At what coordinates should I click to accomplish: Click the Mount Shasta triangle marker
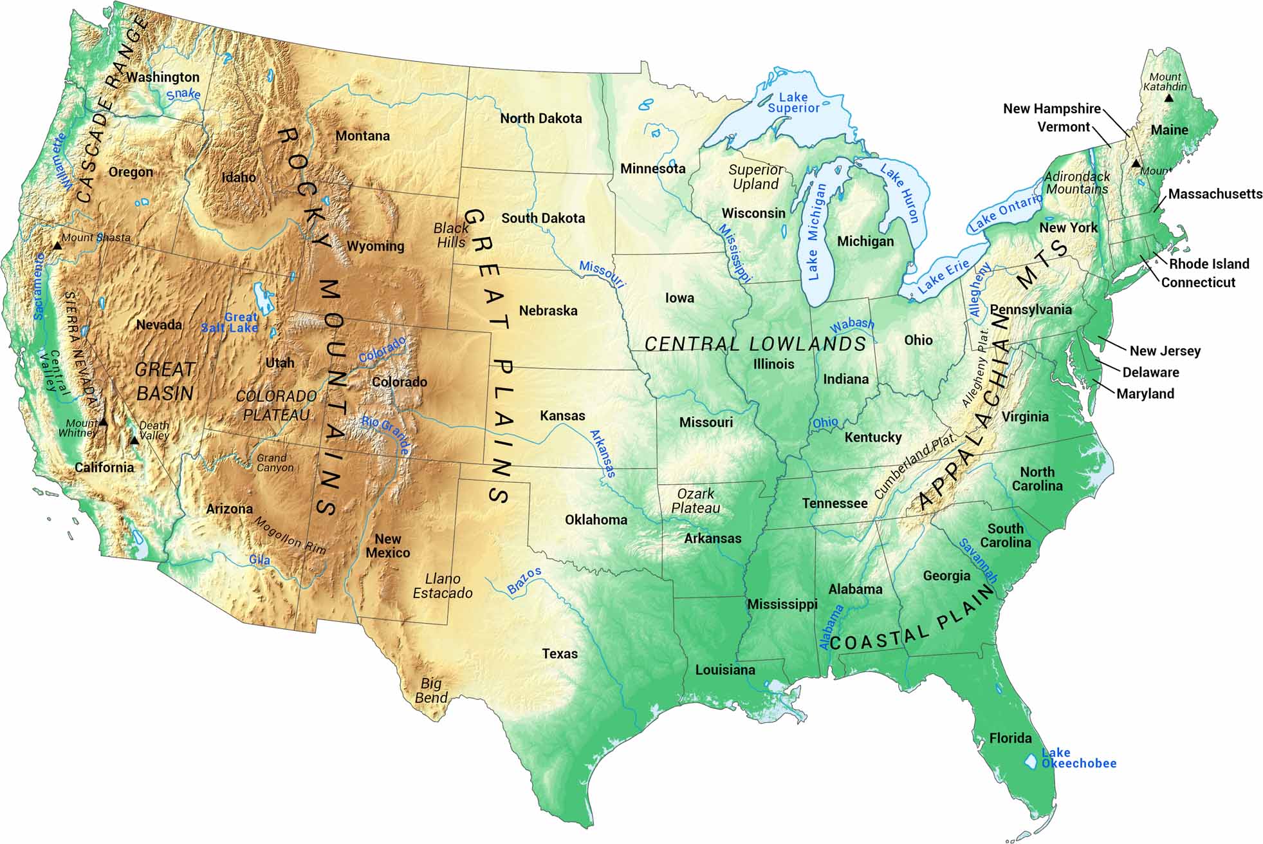(57, 245)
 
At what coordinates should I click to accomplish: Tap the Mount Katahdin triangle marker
(1168, 98)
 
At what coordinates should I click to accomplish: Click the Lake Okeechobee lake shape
(1031, 761)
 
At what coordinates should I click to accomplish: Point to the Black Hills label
(451, 235)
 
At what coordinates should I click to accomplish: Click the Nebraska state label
(548, 311)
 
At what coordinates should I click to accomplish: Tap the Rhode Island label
(1208, 264)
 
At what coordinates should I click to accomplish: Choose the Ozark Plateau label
(696, 501)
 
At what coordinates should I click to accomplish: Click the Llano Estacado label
(443, 586)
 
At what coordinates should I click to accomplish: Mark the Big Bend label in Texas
(431, 691)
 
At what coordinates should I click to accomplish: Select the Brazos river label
(524, 581)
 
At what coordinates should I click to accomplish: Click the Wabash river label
(852, 325)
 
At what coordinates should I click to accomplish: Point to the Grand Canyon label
(275, 463)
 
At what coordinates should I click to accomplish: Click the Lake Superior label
(793, 102)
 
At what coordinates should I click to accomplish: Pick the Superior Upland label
(756, 177)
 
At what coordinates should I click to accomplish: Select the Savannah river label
(978, 561)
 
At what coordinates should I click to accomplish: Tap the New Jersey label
(1165, 351)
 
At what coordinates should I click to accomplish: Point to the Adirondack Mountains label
(1077, 183)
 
